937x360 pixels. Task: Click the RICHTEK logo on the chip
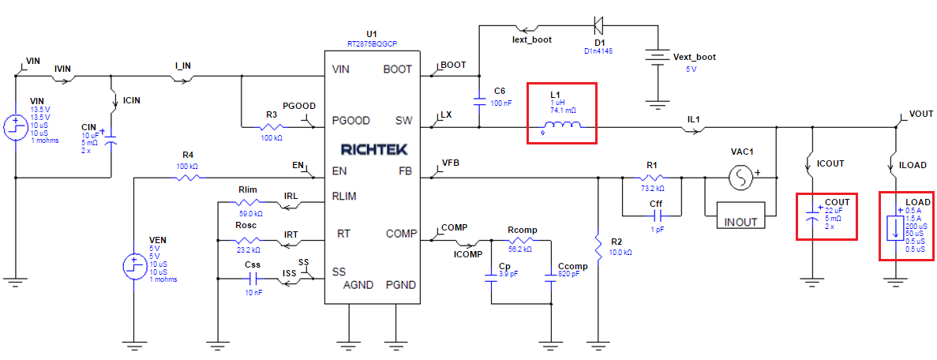(x=372, y=148)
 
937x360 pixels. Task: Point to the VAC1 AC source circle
(x=741, y=178)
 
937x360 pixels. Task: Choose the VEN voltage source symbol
(x=132, y=266)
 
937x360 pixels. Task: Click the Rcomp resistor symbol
(x=521, y=241)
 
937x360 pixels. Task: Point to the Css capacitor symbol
(x=253, y=279)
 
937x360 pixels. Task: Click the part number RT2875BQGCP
(x=372, y=43)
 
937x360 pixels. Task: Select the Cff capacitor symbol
(x=655, y=215)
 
